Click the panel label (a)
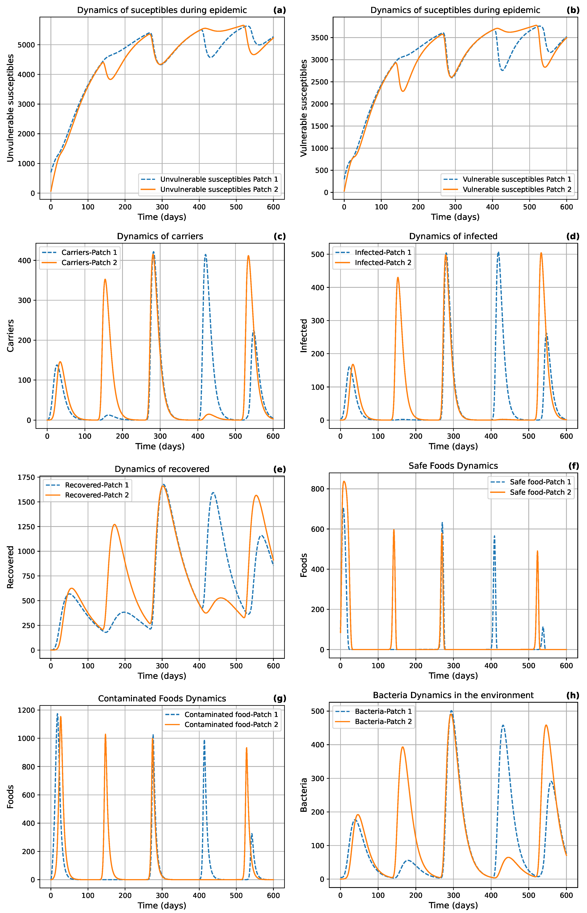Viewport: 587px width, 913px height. click(279, 10)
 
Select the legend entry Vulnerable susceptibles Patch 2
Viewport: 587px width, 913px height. click(517, 189)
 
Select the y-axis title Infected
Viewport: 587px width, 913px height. click(304, 336)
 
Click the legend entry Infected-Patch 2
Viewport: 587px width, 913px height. click(383, 262)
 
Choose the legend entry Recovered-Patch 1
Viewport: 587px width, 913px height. click(96, 485)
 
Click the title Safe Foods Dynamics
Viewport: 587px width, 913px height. click(453, 466)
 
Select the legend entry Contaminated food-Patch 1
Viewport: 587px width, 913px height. click(231, 714)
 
